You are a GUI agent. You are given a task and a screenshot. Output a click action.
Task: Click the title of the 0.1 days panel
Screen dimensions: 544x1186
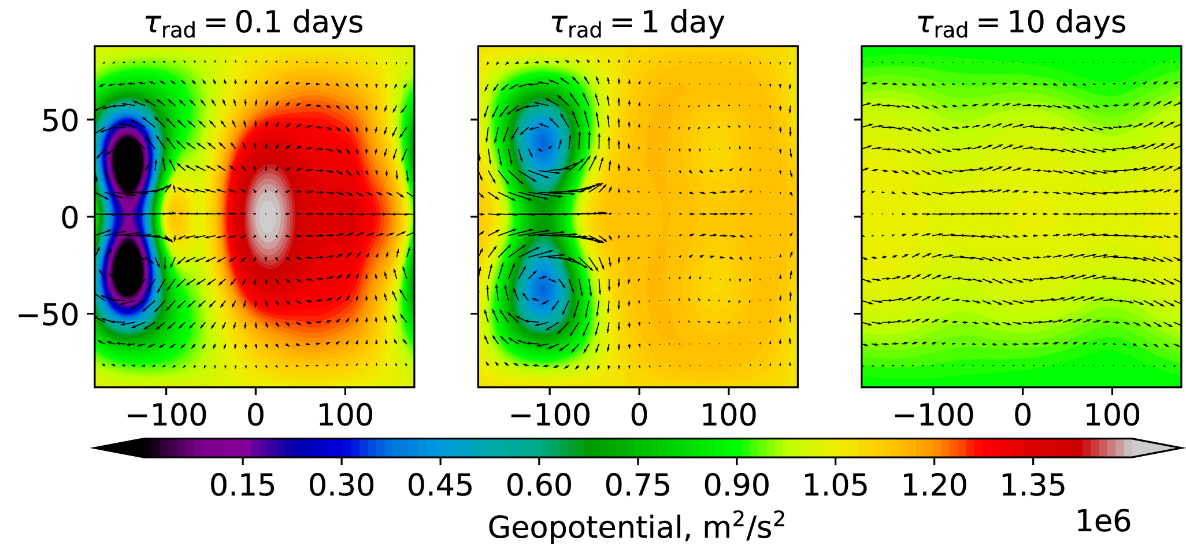[254, 23]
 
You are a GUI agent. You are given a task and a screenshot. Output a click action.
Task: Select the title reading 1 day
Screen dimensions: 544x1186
[638, 23]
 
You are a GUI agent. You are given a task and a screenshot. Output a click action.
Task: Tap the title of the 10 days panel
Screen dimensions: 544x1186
[1021, 23]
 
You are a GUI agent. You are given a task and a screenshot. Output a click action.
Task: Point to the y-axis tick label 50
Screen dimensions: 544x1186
[60, 121]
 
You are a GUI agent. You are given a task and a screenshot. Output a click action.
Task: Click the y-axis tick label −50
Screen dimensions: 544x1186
[49, 314]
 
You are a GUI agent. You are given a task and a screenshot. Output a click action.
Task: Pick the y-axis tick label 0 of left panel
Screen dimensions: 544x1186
[70, 218]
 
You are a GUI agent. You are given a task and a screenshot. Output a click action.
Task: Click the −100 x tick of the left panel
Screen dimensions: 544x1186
[166, 415]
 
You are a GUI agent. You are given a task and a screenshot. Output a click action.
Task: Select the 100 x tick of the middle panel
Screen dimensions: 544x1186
[729, 415]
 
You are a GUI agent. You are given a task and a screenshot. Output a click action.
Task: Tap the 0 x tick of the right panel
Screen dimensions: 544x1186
[1022, 415]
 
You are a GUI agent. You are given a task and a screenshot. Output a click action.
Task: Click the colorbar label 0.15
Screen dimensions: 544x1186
[242, 485]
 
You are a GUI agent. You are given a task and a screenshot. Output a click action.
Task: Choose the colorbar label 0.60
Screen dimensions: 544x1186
[539, 485]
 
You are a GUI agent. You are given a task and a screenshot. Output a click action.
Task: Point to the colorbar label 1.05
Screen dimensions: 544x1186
[836, 485]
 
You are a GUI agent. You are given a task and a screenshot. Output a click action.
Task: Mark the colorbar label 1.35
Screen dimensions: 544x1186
[1033, 485]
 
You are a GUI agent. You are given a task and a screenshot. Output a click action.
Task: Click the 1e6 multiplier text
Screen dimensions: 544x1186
[1103, 521]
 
